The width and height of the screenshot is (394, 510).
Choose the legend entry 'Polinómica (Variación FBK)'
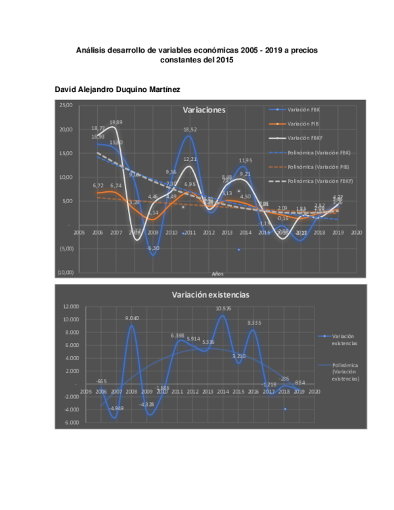point(318,152)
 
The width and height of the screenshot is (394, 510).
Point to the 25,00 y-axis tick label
point(66,106)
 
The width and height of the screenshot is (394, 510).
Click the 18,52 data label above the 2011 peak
point(190,129)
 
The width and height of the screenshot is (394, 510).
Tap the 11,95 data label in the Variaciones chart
point(246,160)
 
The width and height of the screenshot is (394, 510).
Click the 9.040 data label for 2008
point(133,318)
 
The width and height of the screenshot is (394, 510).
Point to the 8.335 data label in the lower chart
point(255,322)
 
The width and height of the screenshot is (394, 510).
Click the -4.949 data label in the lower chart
point(117,409)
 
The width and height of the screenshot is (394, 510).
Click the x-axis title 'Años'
point(217,273)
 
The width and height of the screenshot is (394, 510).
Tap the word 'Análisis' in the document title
point(92,49)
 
